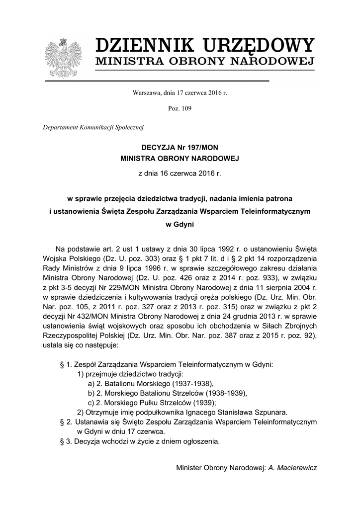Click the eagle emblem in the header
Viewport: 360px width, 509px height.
tap(63, 58)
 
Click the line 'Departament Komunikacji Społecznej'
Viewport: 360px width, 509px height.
tap(93, 127)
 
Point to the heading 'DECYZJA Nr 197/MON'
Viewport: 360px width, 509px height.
tap(180, 148)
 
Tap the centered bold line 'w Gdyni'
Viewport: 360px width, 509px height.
tap(180, 224)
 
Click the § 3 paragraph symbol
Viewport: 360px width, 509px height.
tap(63, 441)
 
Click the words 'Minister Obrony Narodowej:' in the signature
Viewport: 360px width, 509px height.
tap(221, 468)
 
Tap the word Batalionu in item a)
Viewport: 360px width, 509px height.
tap(119, 383)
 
